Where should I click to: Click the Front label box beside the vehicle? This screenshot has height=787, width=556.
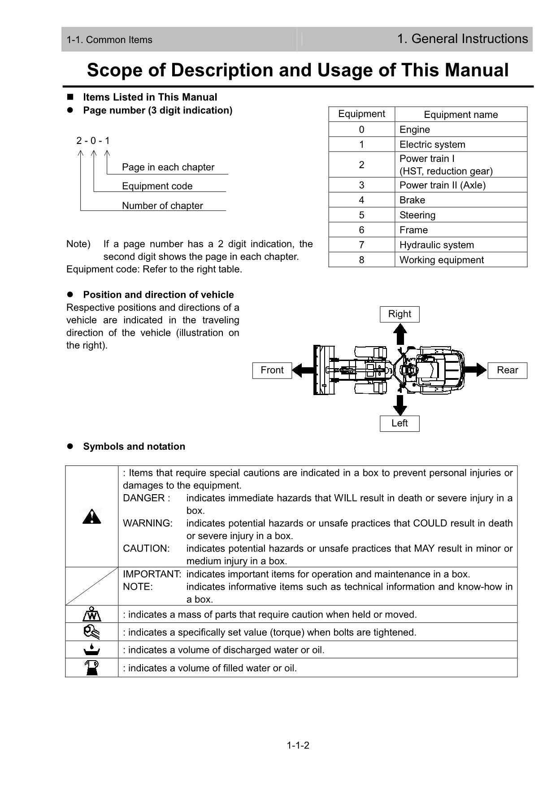point(272,370)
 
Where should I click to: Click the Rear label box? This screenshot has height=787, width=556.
point(507,370)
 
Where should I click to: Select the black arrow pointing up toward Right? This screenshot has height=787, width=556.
point(400,334)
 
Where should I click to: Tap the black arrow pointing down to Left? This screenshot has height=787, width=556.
point(400,405)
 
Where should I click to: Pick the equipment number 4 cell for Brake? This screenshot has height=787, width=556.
point(361,200)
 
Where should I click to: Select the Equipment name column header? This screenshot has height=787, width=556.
point(460,114)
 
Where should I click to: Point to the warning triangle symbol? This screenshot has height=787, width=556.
point(92,517)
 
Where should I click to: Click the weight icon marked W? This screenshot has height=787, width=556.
point(92,614)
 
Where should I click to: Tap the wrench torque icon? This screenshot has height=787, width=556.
point(91,632)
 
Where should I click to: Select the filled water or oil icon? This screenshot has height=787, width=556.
point(92,668)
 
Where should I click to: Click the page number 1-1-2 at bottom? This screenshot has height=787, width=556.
point(298,746)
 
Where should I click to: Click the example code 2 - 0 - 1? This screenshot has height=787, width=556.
point(93,141)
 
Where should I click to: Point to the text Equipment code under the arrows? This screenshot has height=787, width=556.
point(157,186)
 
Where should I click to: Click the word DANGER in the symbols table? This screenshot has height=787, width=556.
point(143,498)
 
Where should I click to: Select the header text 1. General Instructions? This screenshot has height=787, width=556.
point(462,39)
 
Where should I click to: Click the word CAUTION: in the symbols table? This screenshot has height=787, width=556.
point(146,548)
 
